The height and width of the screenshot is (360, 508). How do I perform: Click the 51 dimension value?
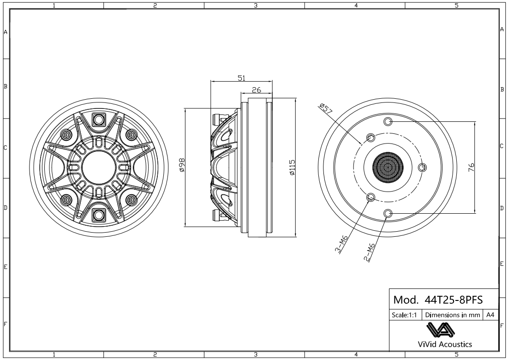pyautogui.click(x=241, y=78)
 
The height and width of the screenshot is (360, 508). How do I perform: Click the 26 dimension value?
pyautogui.click(x=257, y=90)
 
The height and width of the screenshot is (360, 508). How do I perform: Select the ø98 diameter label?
pyautogui.click(x=182, y=165)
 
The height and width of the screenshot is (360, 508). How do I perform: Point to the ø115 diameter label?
pyautogui.click(x=292, y=168)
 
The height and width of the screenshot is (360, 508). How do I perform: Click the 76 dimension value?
pyautogui.click(x=471, y=167)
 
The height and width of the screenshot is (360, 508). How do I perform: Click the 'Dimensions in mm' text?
pyautogui.click(x=452, y=315)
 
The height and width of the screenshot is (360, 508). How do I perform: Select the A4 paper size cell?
pyautogui.click(x=490, y=315)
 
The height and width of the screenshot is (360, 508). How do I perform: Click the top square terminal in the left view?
pyautogui.click(x=99, y=119)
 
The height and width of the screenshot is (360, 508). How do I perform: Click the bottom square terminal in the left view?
pyautogui.click(x=99, y=214)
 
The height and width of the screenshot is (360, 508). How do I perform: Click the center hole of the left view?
pyautogui.click(x=99, y=167)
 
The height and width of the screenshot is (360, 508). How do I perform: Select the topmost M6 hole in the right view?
pyautogui.click(x=388, y=121)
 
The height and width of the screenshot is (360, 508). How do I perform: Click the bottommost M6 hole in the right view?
pyautogui.click(x=388, y=213)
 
